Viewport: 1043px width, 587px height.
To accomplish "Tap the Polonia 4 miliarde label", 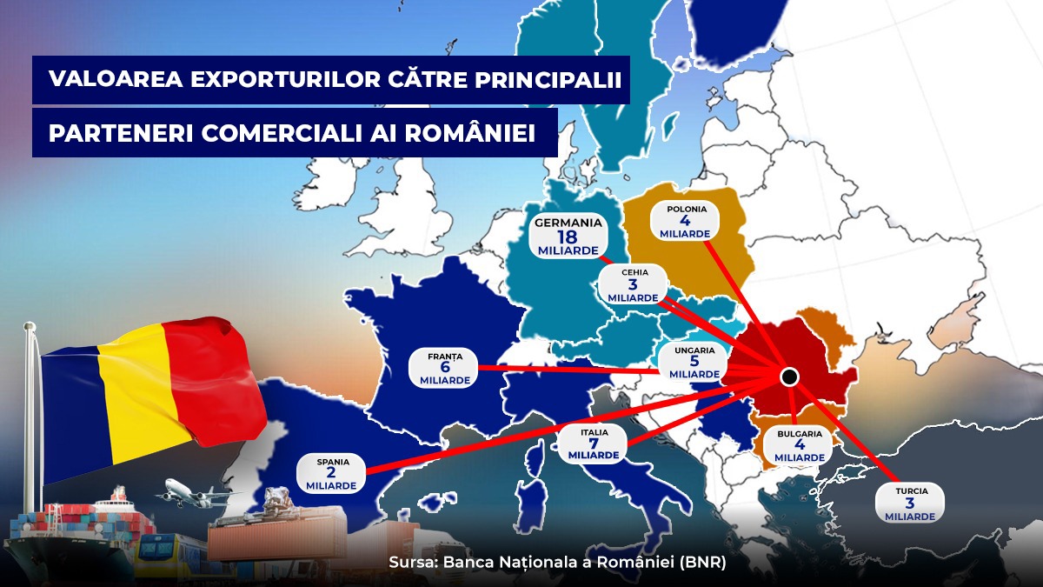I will click(x=686, y=222).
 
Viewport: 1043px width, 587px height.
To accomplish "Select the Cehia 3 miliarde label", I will click(x=634, y=285).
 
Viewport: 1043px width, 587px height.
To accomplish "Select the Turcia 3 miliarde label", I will click(x=910, y=504).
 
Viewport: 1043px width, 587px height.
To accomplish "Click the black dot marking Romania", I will click(x=789, y=377).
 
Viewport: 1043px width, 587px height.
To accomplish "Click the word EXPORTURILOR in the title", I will click(x=283, y=79).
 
